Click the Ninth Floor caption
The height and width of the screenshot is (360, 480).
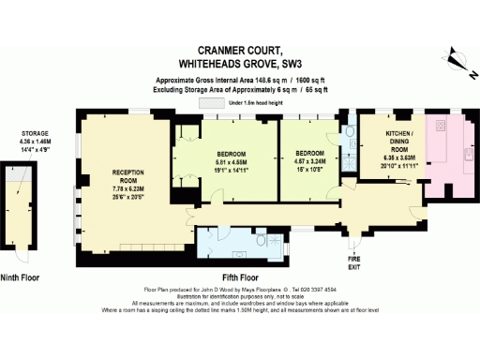click(x=23, y=277)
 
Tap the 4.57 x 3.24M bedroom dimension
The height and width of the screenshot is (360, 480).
click(x=309, y=159)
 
